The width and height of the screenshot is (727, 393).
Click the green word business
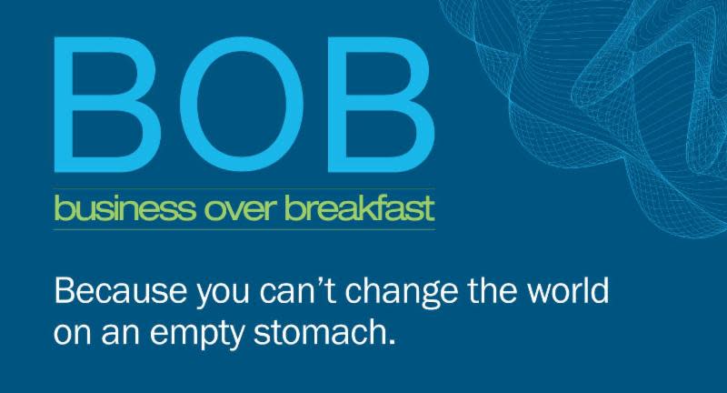point(124,208)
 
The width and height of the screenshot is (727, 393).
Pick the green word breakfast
point(360,208)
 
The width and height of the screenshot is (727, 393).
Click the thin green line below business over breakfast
point(244,229)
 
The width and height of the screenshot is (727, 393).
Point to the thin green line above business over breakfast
point(244,189)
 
